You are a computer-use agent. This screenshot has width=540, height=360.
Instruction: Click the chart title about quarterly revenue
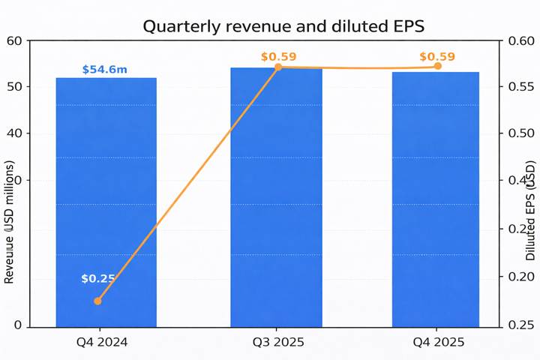(283, 26)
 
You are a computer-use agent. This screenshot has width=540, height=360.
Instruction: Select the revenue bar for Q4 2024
(106, 202)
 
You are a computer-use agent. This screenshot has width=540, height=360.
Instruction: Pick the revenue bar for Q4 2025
(435, 199)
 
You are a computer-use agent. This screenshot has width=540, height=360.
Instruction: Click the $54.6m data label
(104, 70)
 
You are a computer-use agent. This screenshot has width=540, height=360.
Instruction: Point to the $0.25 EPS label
(98, 278)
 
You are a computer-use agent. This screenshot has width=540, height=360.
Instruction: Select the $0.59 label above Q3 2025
(279, 56)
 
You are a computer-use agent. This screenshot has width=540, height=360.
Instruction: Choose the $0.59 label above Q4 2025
(437, 56)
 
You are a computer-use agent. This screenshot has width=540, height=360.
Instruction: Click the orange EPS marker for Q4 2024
(97, 301)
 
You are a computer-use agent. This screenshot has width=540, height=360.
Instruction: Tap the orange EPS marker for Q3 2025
(278, 67)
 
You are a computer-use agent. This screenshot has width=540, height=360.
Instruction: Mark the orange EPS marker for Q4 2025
(437, 66)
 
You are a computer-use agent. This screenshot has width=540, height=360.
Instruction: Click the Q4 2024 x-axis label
(102, 342)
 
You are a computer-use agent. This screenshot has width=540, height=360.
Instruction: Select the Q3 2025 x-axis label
(276, 342)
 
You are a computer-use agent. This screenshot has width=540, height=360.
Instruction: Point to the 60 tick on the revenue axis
(13, 40)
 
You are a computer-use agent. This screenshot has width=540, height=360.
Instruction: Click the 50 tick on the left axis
(13, 87)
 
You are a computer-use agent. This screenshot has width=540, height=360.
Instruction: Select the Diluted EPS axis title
(530, 210)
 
